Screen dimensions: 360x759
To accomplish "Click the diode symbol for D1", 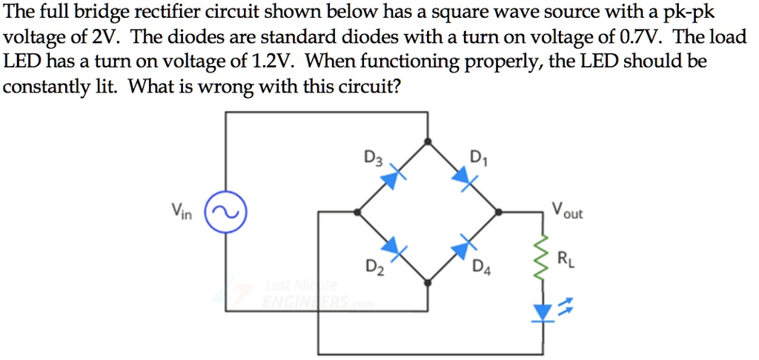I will click(463, 176).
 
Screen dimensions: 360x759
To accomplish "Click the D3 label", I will click(373, 159).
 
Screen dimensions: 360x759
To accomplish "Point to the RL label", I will click(566, 259).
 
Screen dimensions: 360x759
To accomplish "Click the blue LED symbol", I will click(543, 313).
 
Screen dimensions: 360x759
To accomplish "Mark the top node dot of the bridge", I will click(428, 141).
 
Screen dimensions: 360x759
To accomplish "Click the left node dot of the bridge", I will click(358, 212).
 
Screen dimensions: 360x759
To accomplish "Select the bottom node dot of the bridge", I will click(428, 282).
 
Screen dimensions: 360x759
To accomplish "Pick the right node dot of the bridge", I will click(499, 212).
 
